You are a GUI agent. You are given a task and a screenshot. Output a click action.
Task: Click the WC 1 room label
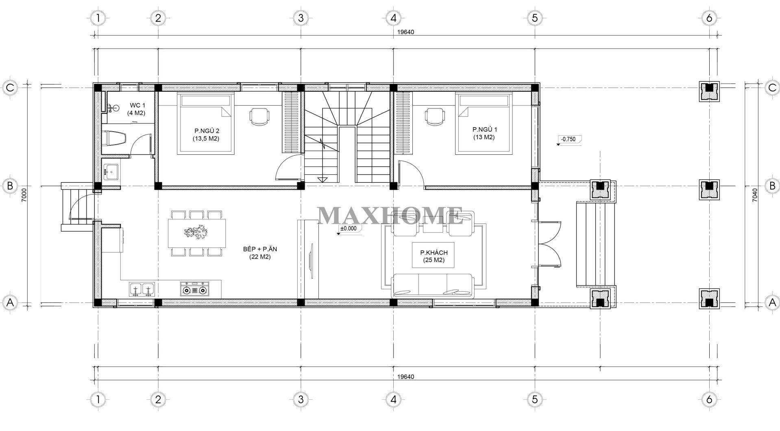coord(137,109)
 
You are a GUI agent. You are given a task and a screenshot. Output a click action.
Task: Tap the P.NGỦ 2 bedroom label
coord(207,134)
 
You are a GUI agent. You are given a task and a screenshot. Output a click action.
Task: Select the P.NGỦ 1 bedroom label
coord(484,133)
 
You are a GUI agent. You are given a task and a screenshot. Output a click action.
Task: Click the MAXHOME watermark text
coord(390,216)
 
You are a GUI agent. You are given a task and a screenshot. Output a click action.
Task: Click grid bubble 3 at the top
coord(301,18)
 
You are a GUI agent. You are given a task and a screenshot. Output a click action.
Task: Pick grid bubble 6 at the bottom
coord(709,400)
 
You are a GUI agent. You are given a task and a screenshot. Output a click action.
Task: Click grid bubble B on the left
coord(10,186)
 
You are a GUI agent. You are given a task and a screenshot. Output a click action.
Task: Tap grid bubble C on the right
coord(769,87)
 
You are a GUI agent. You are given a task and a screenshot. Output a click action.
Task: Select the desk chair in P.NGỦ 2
coord(259,117)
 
